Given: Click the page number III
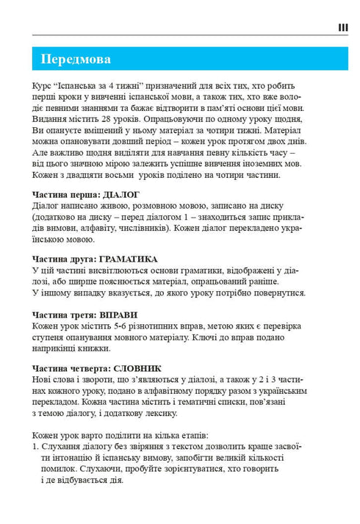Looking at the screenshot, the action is [x=342, y=27].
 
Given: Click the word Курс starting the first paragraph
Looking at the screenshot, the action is [x=43, y=85].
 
